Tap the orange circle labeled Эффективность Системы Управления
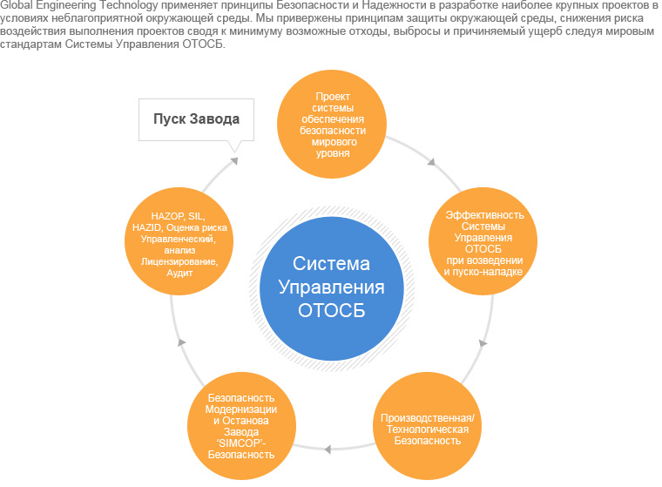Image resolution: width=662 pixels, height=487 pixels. click(484, 242)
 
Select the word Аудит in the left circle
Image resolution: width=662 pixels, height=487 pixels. click(179, 273)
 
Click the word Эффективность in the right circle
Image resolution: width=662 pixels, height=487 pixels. click(484, 214)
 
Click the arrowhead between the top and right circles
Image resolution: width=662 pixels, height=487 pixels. click(429, 161)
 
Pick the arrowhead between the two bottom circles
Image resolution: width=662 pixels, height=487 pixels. click(328, 450)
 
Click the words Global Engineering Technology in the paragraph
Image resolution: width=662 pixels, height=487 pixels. click(80, 6)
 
